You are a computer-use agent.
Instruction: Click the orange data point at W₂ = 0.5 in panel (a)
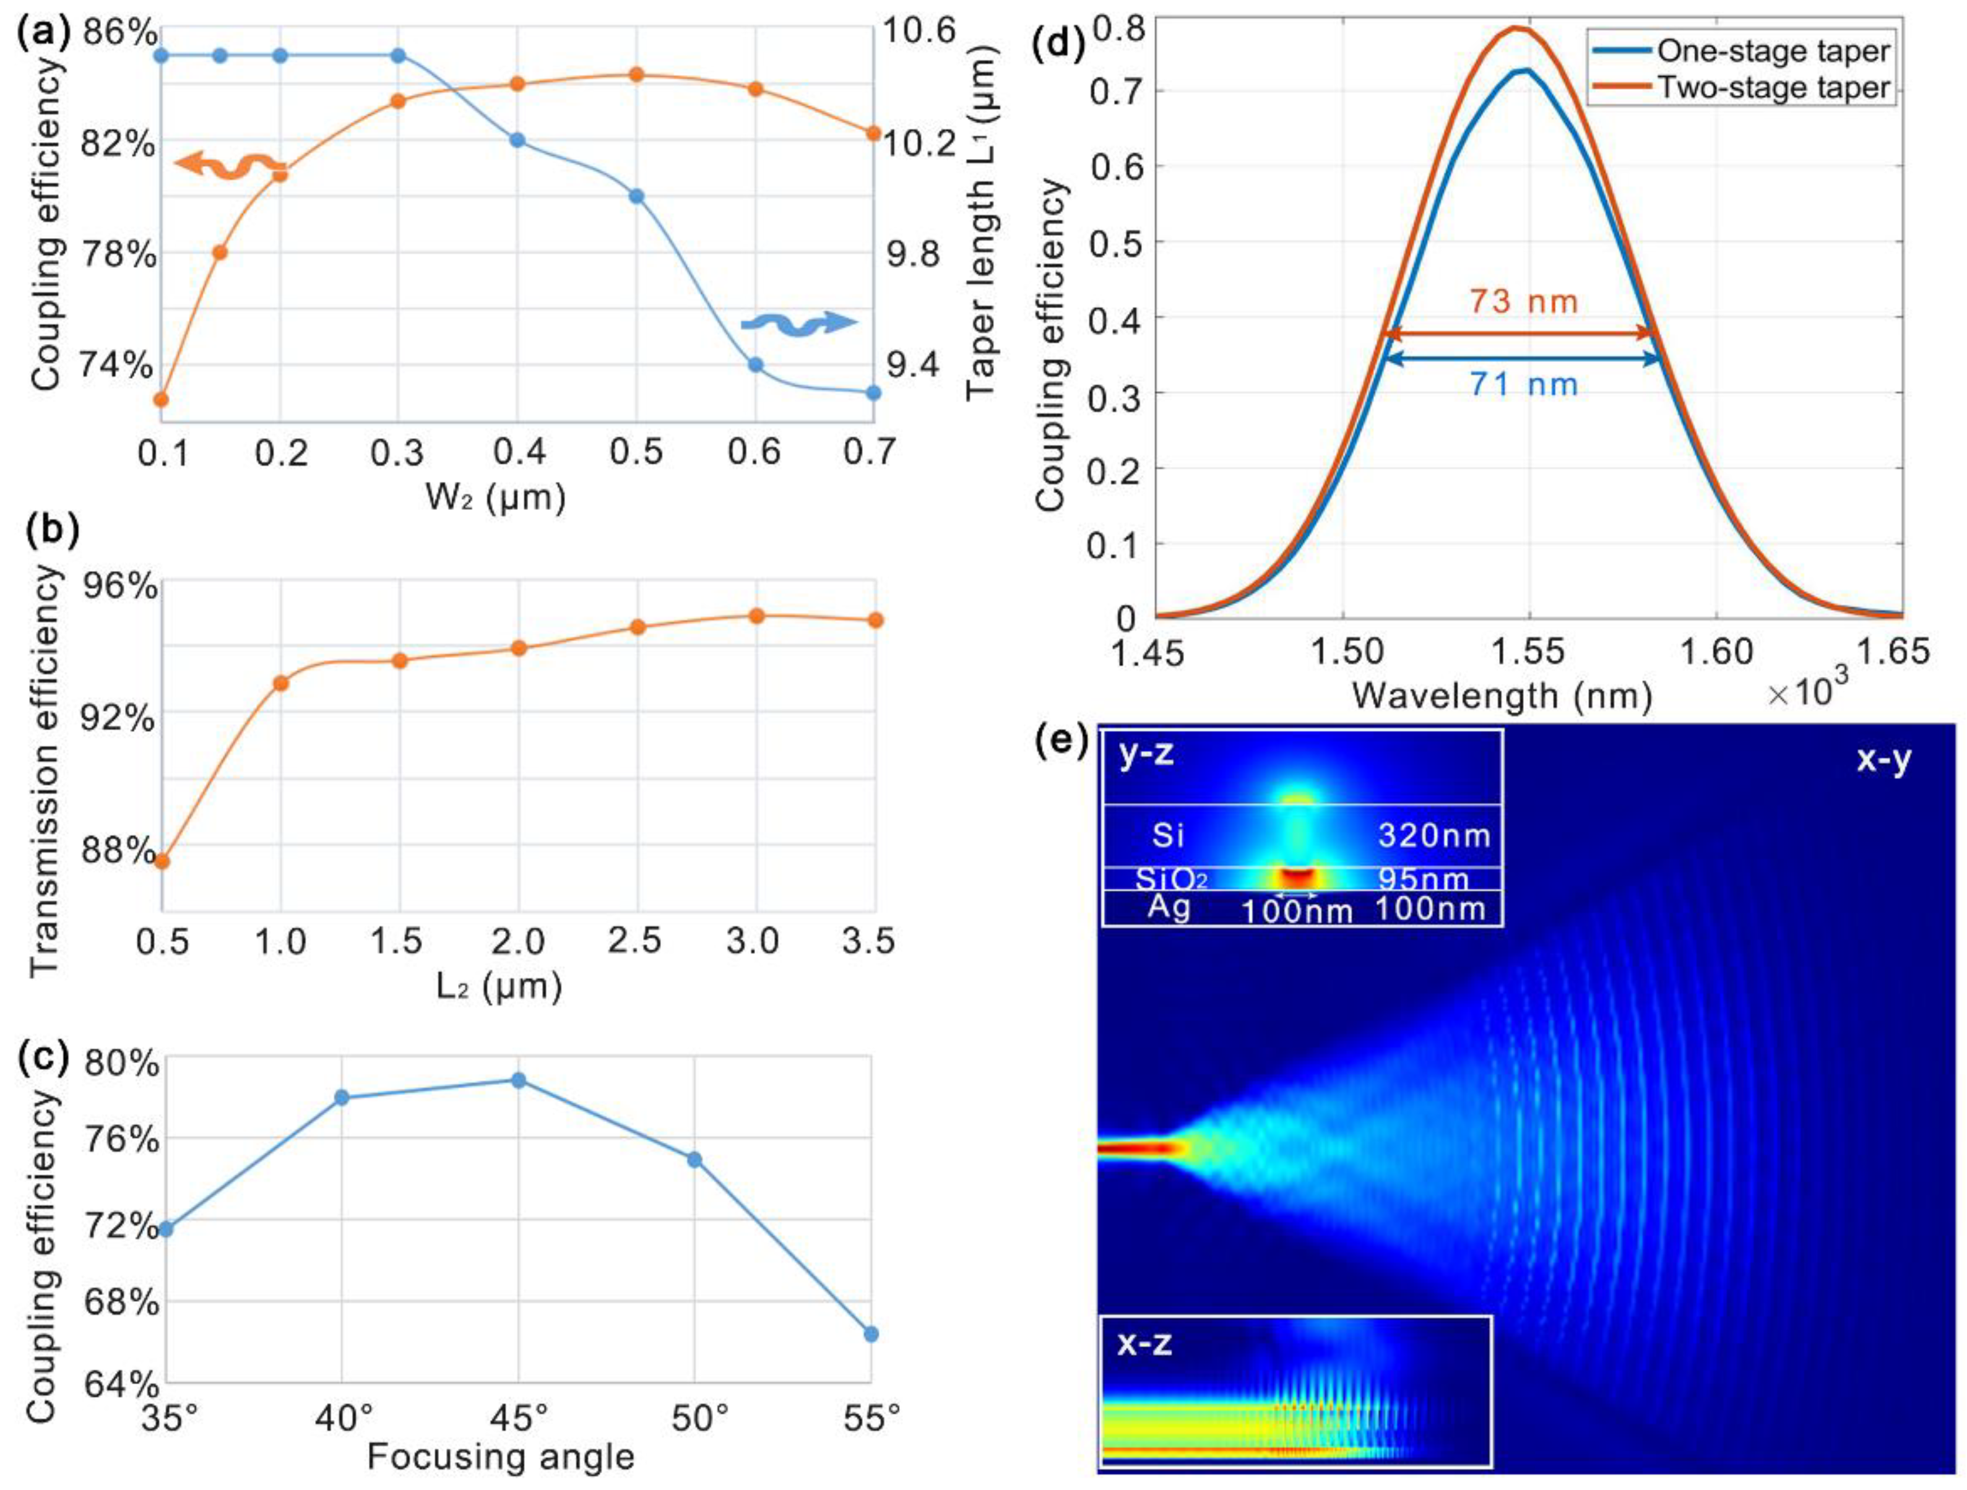coord(636,75)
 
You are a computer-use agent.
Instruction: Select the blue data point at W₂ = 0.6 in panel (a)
coord(755,364)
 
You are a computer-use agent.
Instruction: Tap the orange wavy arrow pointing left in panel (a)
coord(230,165)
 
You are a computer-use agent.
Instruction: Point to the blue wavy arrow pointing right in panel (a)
coord(798,324)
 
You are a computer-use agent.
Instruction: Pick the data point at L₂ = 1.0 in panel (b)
coord(281,683)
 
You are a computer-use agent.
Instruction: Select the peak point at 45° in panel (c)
coord(519,1080)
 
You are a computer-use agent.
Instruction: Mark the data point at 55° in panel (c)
coord(871,1333)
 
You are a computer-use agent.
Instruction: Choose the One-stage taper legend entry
coord(1772,51)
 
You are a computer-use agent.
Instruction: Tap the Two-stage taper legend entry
coord(1772,88)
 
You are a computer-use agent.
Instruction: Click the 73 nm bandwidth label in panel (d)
coord(1523,302)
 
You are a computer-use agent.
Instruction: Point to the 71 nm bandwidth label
coord(1523,384)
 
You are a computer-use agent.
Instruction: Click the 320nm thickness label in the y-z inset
coord(1433,836)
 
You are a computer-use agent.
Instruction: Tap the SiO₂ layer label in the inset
coord(1171,879)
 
